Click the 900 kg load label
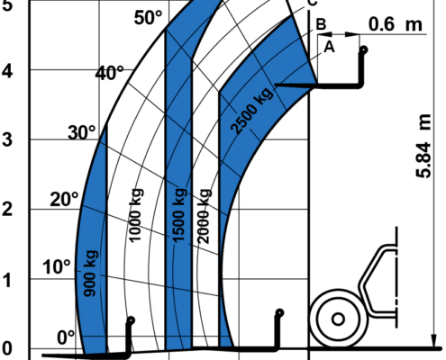coord(90,273)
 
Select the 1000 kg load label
coord(136,215)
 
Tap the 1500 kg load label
coord(179,215)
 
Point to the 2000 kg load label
coord(204,216)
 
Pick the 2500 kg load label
coord(252,110)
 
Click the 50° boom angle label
coord(148,18)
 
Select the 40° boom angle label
coord(109,73)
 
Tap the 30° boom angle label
coord(82,132)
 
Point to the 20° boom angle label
coord(64,199)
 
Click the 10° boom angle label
coord(57,266)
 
